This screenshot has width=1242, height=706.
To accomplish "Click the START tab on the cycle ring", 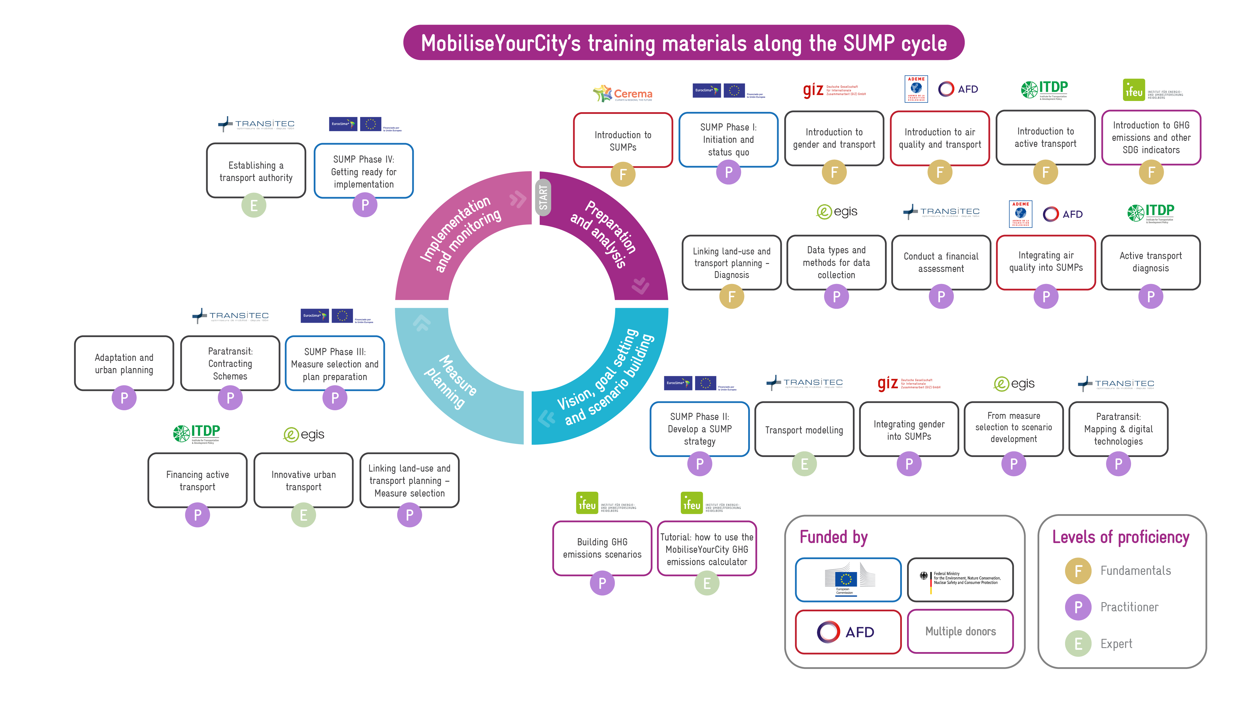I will point(543,197).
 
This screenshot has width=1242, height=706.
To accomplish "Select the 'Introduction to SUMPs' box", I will point(622,141).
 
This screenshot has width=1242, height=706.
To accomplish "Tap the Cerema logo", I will point(622,94).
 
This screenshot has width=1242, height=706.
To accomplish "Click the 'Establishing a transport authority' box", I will point(256,171).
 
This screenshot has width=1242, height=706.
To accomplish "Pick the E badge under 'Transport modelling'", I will point(804,464).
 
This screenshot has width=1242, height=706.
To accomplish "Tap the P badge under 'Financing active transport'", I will point(197,515).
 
